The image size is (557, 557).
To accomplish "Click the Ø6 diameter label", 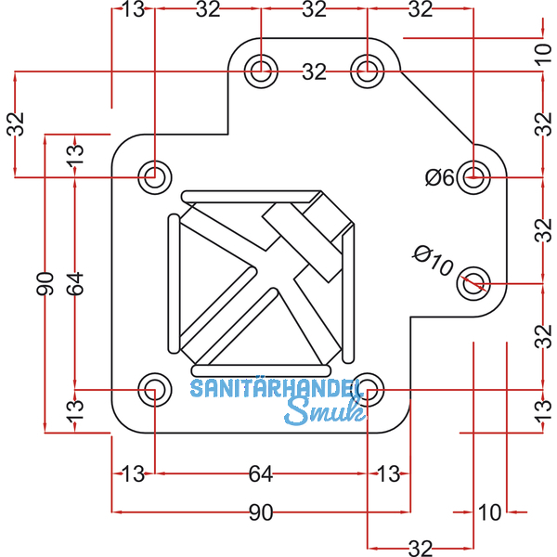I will [x=441, y=176].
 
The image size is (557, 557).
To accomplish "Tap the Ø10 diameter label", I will [x=433, y=261].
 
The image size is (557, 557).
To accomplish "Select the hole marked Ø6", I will [x=476, y=175].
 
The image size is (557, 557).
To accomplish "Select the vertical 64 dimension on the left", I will [x=74, y=283].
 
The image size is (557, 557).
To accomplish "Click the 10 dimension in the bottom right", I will [x=489, y=512].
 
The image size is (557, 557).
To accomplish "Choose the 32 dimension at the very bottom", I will [x=421, y=549].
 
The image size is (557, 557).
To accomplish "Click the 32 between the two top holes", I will [x=315, y=71].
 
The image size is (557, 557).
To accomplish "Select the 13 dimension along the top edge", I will [x=132, y=10].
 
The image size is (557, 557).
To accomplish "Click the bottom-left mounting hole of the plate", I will [x=154, y=390].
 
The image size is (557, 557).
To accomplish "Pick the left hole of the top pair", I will [x=261, y=70].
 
